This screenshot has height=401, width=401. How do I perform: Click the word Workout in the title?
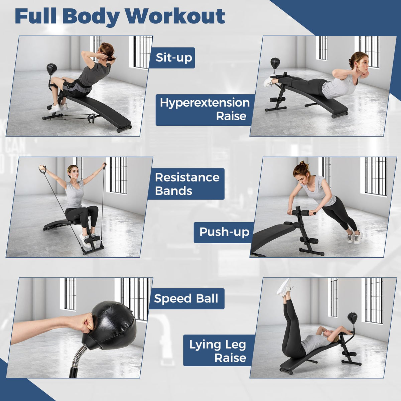coord(175,17)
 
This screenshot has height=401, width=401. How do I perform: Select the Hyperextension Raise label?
coord(205,110)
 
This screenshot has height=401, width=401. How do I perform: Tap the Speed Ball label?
coord(186,298)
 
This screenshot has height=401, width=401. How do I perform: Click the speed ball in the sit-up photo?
coord(51,68)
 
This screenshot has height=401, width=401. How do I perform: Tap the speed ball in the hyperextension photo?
coord(275,62)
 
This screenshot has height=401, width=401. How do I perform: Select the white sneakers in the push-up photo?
coord(355,237)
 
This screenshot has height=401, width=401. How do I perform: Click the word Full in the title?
coord(35,17)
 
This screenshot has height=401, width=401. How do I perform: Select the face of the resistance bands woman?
coord(76,173)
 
